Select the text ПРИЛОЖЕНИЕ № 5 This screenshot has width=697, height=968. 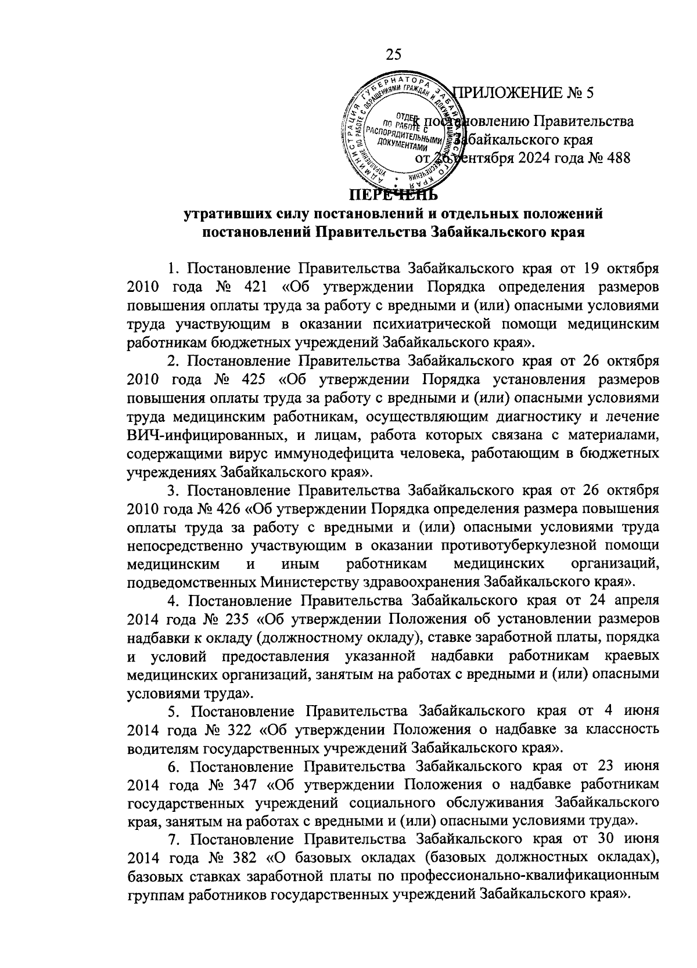click(524, 92)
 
